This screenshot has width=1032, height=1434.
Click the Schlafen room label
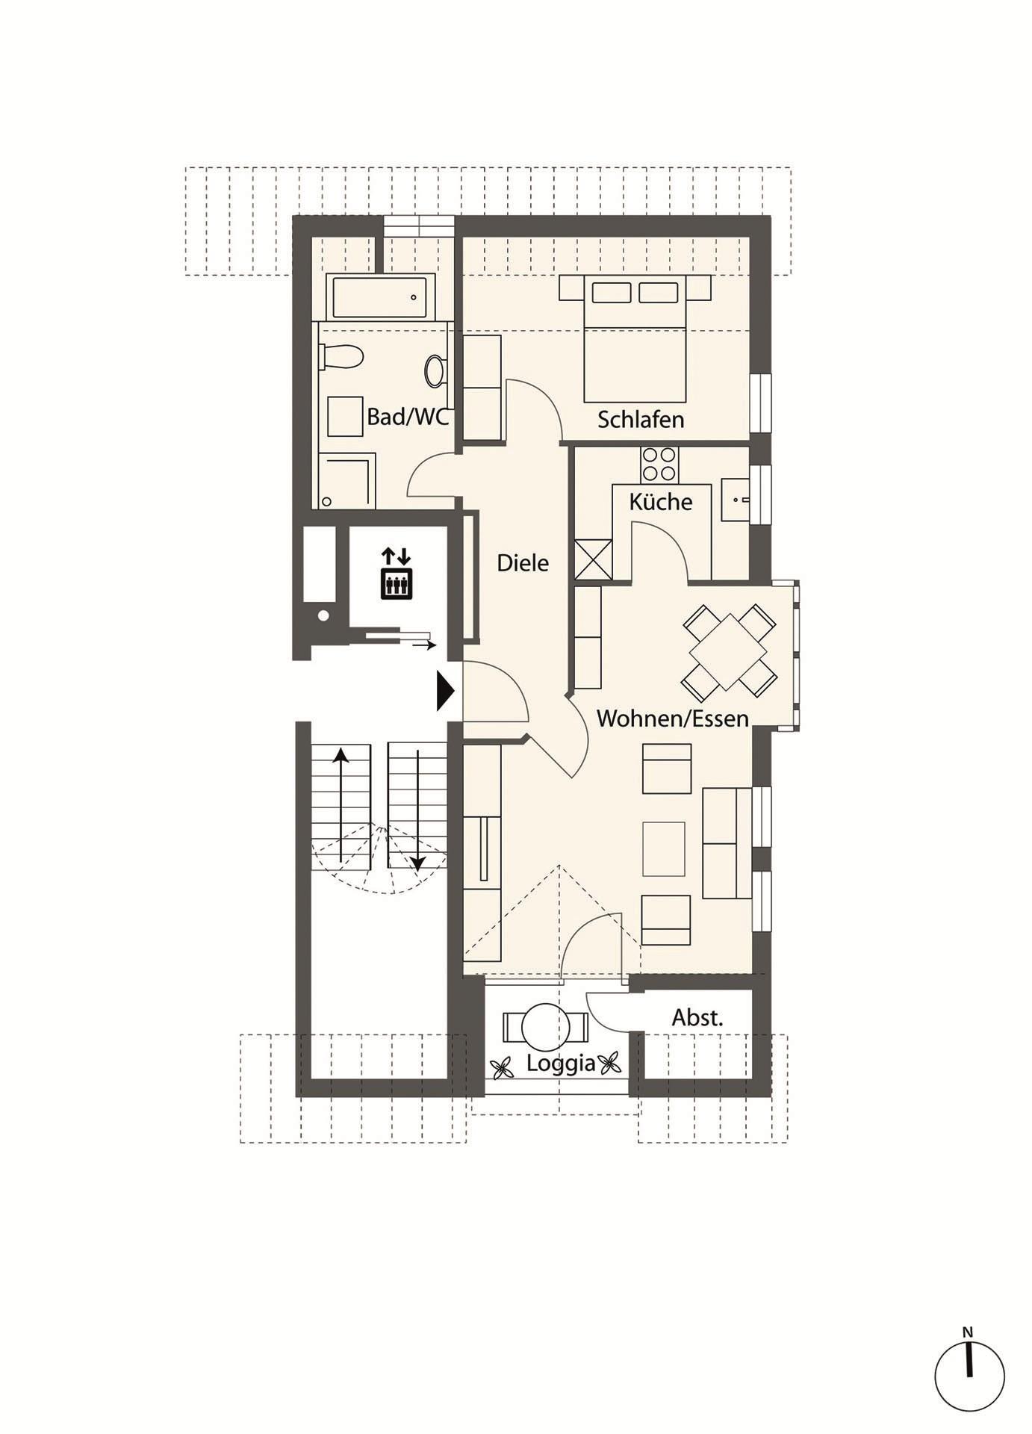(x=641, y=420)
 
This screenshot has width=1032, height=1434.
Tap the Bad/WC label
(x=408, y=417)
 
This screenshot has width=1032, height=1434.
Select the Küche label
(x=661, y=501)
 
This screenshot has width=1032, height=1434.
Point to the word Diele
(x=523, y=562)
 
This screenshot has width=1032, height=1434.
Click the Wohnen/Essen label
(x=673, y=718)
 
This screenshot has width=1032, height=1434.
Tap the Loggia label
(x=561, y=1064)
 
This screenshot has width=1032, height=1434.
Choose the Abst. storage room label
(x=697, y=1017)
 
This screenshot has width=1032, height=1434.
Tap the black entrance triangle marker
(x=446, y=692)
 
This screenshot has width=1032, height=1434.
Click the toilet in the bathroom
(x=341, y=356)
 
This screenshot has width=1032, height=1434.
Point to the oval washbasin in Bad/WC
(x=435, y=371)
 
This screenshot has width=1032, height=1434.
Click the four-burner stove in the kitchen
(x=660, y=464)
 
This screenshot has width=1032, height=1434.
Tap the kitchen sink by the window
(x=736, y=500)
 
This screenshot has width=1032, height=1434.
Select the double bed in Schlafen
(x=635, y=338)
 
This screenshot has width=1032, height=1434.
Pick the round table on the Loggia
(x=545, y=1028)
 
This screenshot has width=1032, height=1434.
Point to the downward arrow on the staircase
(x=417, y=811)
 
